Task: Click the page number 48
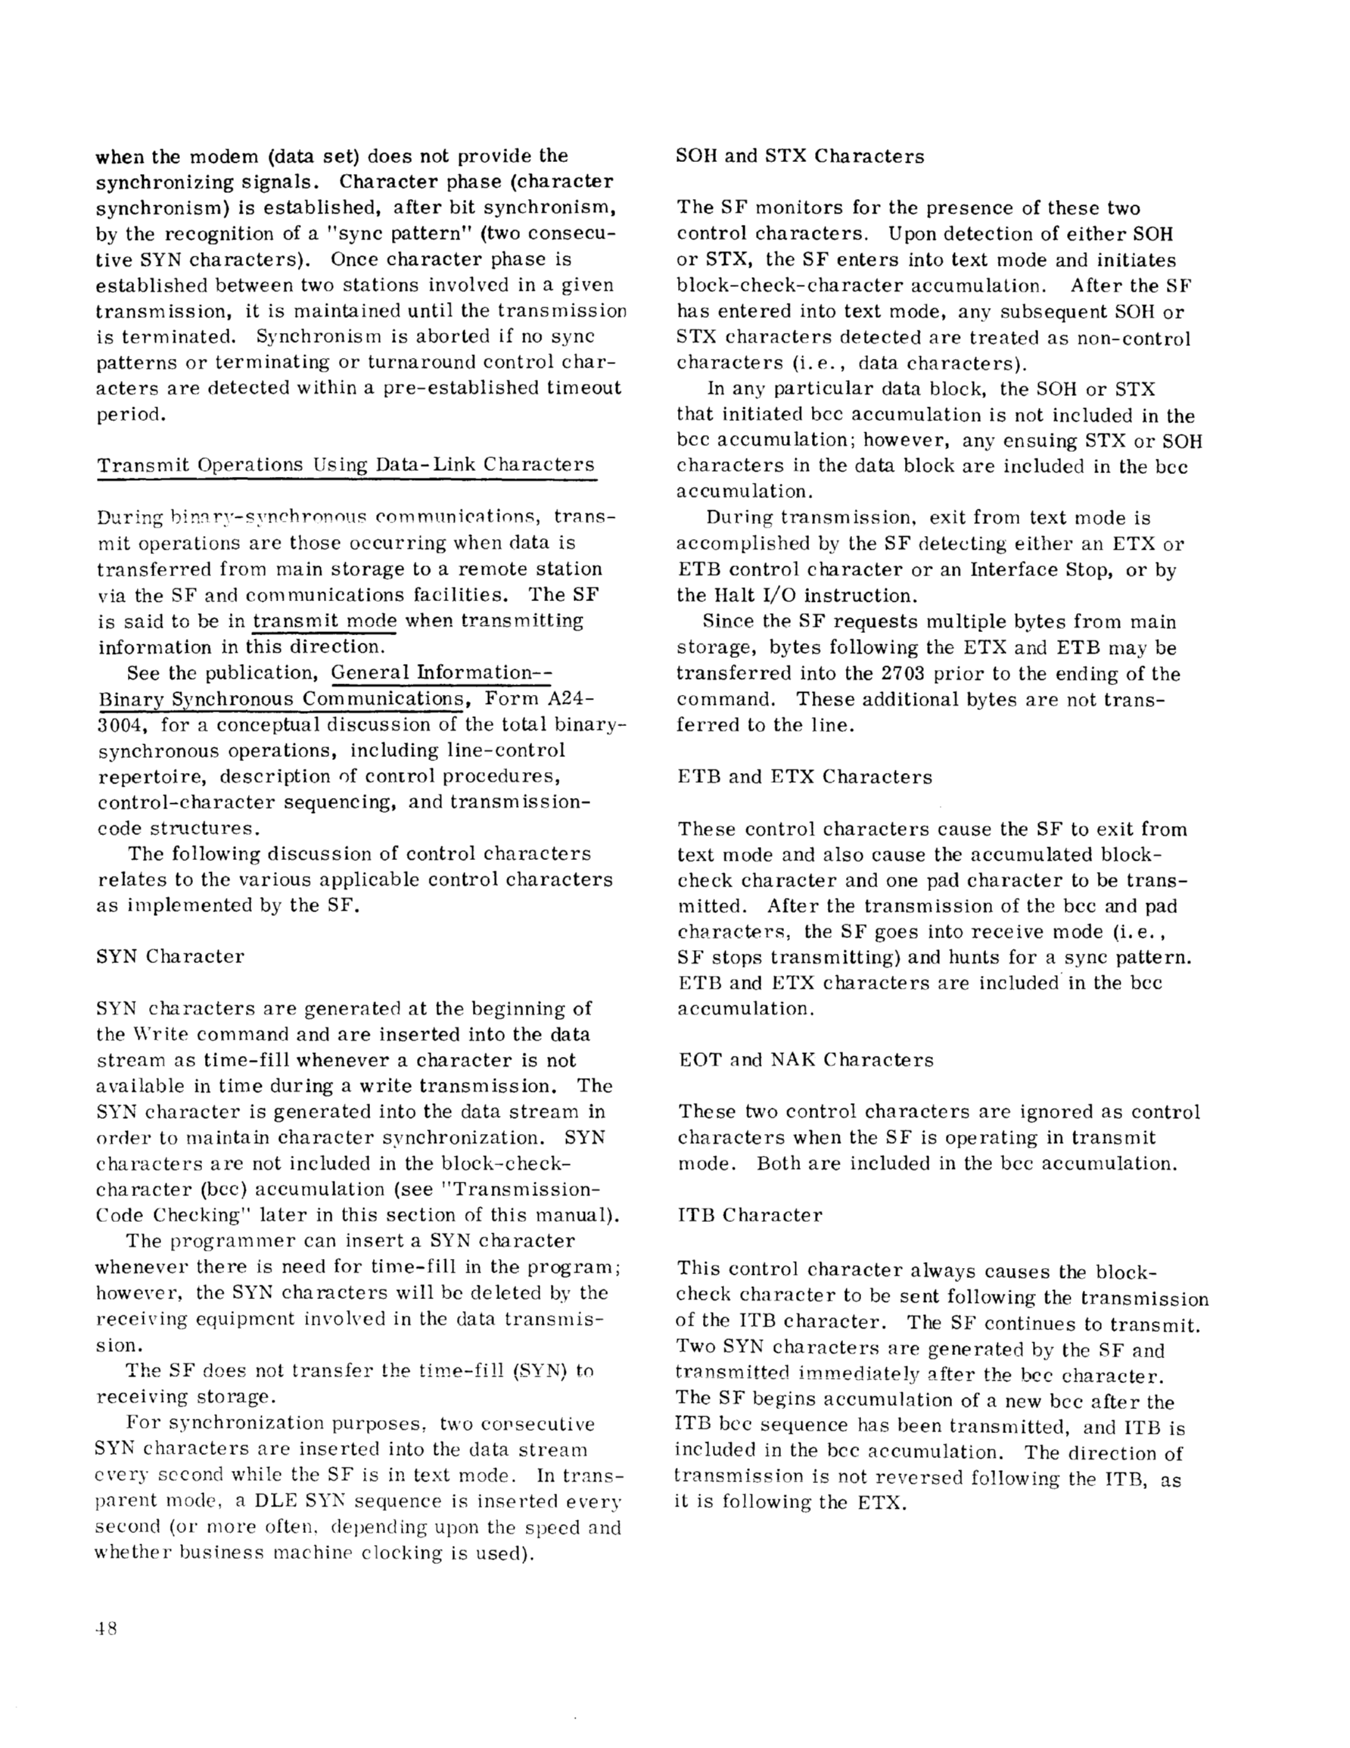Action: coord(107,1628)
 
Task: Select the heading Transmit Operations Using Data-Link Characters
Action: coord(346,465)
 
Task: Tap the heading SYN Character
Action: coord(170,956)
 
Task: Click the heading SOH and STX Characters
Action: coord(799,156)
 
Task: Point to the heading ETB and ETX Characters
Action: coord(804,777)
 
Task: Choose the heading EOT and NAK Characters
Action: coord(805,1060)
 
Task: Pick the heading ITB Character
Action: coord(749,1215)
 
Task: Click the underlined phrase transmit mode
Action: coord(325,621)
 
